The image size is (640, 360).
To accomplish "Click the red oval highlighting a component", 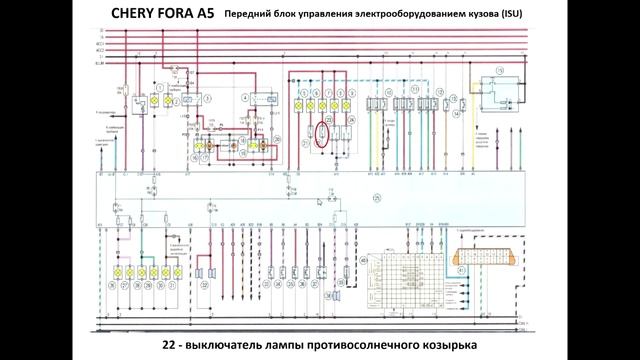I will (x=322, y=133).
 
